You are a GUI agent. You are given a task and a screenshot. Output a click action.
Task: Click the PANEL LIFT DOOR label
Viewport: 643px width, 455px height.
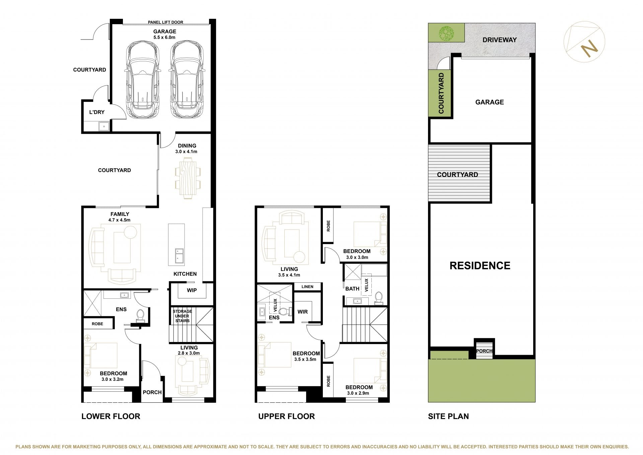165,22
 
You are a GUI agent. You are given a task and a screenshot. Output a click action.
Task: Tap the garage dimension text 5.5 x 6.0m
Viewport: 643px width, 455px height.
164,38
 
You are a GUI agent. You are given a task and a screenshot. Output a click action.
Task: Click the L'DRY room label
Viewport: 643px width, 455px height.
97,112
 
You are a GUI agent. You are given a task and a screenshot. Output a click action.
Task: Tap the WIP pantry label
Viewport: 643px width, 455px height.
192,290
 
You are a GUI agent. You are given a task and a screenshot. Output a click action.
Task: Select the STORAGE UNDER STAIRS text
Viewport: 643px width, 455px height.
182,316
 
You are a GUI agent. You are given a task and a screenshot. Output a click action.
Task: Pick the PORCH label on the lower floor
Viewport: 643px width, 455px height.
152,392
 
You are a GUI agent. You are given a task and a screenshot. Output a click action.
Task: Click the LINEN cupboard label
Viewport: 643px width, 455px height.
307,287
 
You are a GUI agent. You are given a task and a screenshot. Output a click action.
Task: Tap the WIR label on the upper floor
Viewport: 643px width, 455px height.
303,312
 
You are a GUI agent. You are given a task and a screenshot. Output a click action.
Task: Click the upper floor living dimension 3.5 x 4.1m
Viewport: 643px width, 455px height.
289,275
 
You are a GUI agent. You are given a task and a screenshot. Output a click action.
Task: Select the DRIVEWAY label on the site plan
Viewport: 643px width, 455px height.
500,40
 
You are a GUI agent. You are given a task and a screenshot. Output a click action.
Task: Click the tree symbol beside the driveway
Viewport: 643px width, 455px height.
446,33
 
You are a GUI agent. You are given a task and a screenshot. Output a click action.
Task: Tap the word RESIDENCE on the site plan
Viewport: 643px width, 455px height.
480,266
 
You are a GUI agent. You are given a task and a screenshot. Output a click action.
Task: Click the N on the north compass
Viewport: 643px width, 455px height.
589,49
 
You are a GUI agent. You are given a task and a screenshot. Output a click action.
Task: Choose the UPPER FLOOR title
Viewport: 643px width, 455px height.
286,416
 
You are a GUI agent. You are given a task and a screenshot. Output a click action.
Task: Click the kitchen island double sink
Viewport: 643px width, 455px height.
179,256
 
